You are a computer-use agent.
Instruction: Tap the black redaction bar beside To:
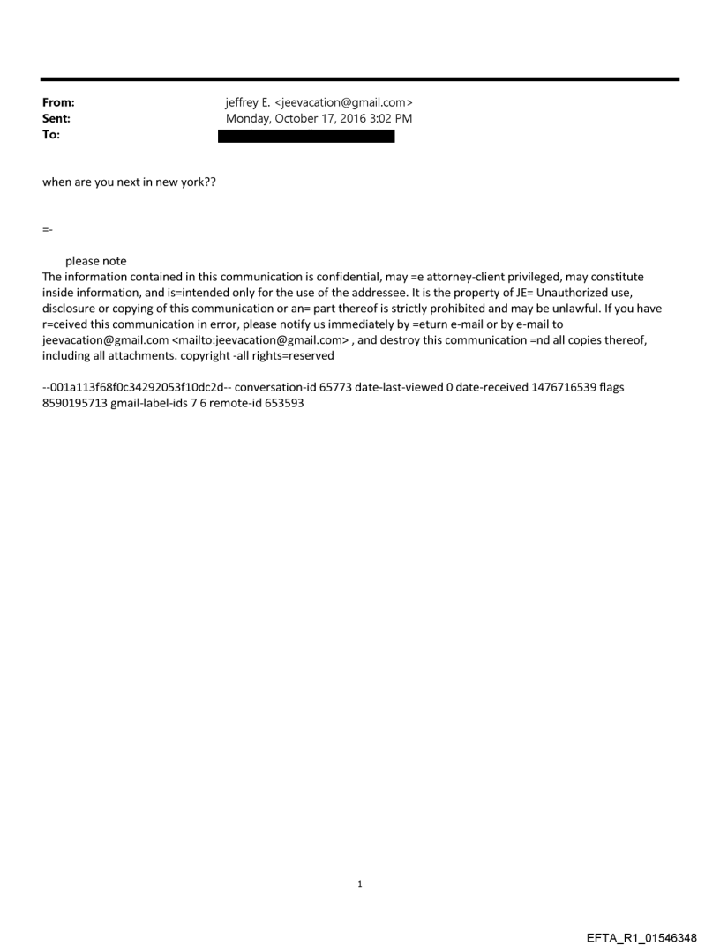click(306, 136)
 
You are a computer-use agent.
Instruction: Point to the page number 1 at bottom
click(360, 883)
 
